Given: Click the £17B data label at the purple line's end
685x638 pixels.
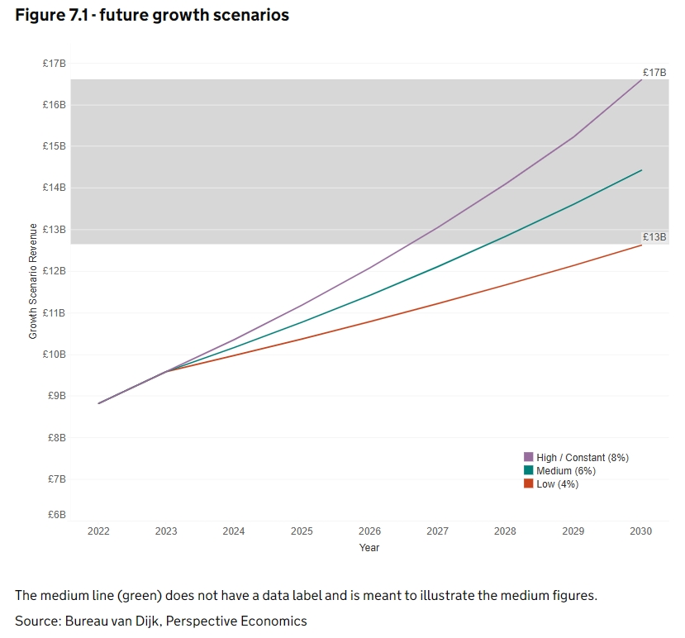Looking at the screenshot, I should click(x=654, y=73).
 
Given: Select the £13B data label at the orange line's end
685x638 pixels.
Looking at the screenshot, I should click(x=654, y=237).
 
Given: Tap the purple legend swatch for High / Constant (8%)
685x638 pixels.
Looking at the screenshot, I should click(x=529, y=457).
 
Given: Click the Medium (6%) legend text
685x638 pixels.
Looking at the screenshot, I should click(x=566, y=471).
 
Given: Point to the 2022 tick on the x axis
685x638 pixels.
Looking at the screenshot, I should click(x=98, y=531).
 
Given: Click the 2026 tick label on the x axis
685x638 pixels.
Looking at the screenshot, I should click(x=369, y=531).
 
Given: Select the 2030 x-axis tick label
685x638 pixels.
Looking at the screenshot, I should click(x=641, y=531).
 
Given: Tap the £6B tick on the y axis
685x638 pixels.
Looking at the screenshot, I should click(x=56, y=515).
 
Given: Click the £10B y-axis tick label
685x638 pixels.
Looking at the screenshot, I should click(x=55, y=355).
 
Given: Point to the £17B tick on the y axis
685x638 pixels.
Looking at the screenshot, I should click(x=55, y=64).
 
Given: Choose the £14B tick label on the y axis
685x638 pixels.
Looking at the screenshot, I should click(x=55, y=188).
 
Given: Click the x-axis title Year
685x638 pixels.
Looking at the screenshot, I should click(x=369, y=547).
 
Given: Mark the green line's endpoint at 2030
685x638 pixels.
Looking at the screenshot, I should click(x=641, y=170).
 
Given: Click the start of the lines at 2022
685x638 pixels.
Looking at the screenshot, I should click(x=98, y=403).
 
